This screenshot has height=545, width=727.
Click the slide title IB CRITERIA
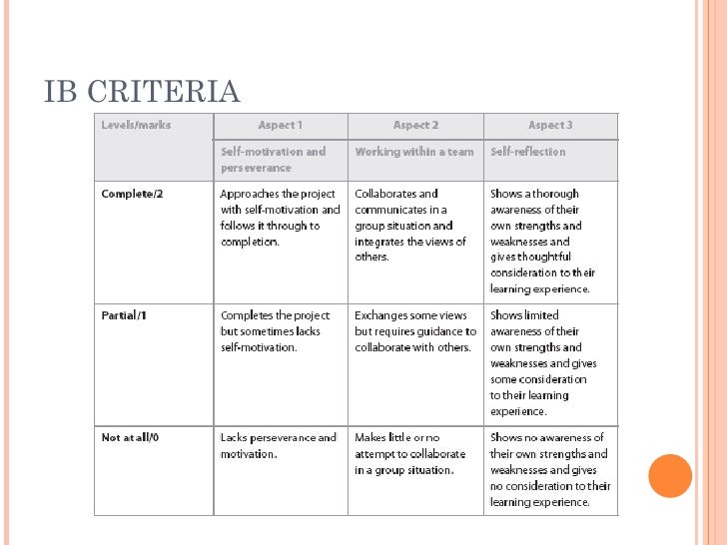[x=142, y=91]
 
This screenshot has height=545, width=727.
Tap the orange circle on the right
[x=669, y=475]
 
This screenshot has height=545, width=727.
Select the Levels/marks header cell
[x=136, y=125]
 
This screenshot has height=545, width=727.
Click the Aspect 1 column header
[x=280, y=125]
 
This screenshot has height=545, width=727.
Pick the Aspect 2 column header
[x=415, y=125]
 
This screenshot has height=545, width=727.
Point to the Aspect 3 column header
[x=550, y=125]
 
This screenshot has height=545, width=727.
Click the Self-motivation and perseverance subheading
[x=274, y=160]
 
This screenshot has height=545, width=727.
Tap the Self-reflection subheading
[x=528, y=152]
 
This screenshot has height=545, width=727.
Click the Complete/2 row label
[x=132, y=194]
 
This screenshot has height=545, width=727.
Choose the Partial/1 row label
[x=126, y=315]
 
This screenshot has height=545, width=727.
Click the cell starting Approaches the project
[x=280, y=218]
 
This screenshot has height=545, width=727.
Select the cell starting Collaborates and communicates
[x=410, y=226]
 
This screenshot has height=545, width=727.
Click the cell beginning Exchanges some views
[x=415, y=331]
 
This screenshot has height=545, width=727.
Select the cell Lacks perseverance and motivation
[x=279, y=445]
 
